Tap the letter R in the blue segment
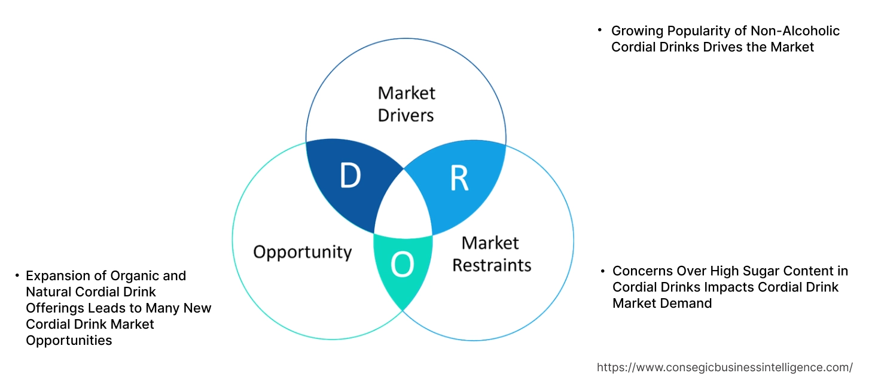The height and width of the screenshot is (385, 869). pos(459,178)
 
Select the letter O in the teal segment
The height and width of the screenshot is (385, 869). pos(402,265)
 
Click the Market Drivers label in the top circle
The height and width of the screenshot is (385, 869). pos(406,104)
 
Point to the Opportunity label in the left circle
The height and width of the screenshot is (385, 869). pos(302,251)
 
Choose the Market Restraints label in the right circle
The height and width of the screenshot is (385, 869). pos(491,253)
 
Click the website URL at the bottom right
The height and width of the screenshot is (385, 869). pos(725,367)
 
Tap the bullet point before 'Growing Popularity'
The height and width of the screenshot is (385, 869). pos(600,30)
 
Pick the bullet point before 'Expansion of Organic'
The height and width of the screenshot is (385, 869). pos(17,275)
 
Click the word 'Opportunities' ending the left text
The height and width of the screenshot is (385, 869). pos(69,341)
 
